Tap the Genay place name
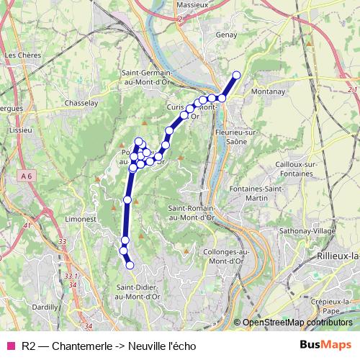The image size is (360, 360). coord(227,34)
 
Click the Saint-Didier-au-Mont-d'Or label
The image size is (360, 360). coord(138,292)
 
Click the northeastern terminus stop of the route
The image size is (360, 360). coord(236,74)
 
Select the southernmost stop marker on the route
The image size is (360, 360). coord(130,266)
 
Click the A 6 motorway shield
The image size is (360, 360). coord(27,176)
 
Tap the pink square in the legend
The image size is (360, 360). coord(10,346)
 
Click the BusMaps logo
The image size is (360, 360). coord(325,345)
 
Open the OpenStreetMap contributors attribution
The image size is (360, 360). coord(297,323)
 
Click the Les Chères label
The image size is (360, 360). coord(21,54)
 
